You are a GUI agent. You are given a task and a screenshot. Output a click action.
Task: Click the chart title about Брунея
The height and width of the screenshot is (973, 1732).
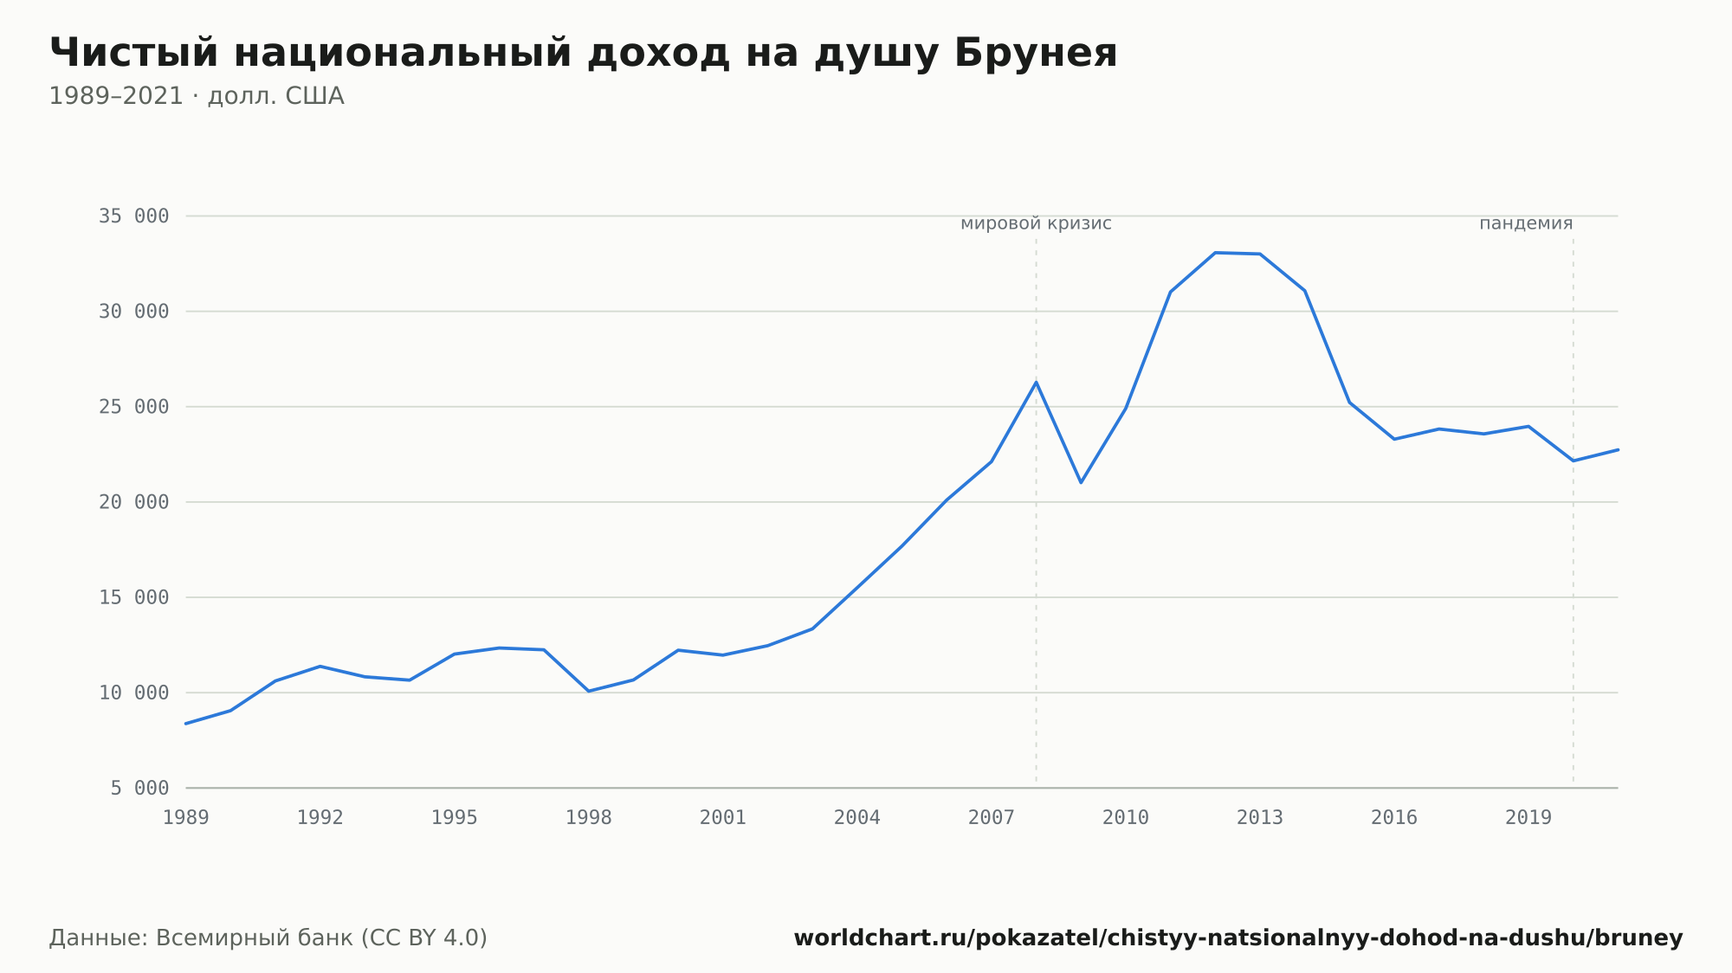coord(583,54)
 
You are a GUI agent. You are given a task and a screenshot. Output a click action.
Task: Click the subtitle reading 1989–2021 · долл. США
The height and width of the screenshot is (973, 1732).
coord(197,96)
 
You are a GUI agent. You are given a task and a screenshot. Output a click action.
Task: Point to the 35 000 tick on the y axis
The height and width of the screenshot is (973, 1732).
coord(133,216)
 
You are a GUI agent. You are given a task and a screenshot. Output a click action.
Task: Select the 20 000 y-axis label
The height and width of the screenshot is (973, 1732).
coord(133,502)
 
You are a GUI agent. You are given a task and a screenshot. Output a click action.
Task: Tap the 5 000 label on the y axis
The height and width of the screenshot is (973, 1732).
coord(139,788)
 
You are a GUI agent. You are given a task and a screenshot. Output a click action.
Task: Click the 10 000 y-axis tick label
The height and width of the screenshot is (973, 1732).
coord(133,693)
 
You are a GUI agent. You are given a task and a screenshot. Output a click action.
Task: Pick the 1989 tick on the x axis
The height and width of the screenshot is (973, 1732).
coord(186,818)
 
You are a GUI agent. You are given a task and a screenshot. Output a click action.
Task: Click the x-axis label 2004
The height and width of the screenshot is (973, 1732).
coord(857,818)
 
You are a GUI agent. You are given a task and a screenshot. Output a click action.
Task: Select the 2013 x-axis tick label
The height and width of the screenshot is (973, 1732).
coord(1260,818)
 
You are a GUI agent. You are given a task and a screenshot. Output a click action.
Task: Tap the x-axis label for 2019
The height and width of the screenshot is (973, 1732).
coord(1528,818)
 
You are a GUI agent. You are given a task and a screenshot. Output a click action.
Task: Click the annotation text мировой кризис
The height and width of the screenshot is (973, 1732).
coord(1036,223)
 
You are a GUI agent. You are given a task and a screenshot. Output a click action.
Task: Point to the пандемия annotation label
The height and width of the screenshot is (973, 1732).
coord(1526,223)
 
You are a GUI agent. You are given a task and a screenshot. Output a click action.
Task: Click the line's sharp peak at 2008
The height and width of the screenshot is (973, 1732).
coord(1036,382)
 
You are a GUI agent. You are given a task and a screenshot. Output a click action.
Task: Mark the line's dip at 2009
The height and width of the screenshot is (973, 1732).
coord(1081,482)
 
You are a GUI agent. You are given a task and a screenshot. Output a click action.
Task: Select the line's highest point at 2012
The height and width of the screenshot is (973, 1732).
coord(1215,253)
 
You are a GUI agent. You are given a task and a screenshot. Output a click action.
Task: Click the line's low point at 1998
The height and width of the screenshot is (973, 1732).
coord(589,691)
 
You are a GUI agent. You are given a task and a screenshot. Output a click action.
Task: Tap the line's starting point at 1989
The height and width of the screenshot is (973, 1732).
coord(186,724)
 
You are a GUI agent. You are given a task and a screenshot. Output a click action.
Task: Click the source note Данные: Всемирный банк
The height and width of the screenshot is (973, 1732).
coord(268,938)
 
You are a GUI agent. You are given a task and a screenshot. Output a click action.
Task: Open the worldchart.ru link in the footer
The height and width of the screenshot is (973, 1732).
coord(1238,938)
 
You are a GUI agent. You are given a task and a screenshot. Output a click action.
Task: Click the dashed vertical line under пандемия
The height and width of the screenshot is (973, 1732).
coord(1574,511)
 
